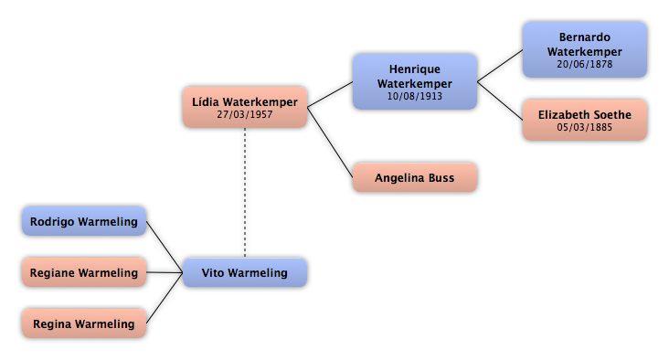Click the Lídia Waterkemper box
coord(245,107)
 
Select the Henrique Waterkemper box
coord(415,81)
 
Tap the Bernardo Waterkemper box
coord(585,50)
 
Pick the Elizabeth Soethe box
coord(585,120)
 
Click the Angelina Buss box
coord(415,177)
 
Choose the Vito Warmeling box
coord(245,272)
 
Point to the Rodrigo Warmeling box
coord(84,221)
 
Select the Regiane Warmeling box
coord(84,272)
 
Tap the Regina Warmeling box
coord(84,323)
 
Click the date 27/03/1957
coord(244,114)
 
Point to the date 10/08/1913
coord(415,96)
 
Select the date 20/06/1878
coord(585,64)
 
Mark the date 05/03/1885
coord(585,127)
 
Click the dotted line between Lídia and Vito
coord(245,193)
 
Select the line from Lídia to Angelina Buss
coord(330,142)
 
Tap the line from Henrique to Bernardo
coord(500,66)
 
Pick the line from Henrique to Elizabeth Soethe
coord(500,101)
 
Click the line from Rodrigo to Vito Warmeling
coord(165,247)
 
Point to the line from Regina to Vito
coord(165,298)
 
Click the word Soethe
coord(612,115)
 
